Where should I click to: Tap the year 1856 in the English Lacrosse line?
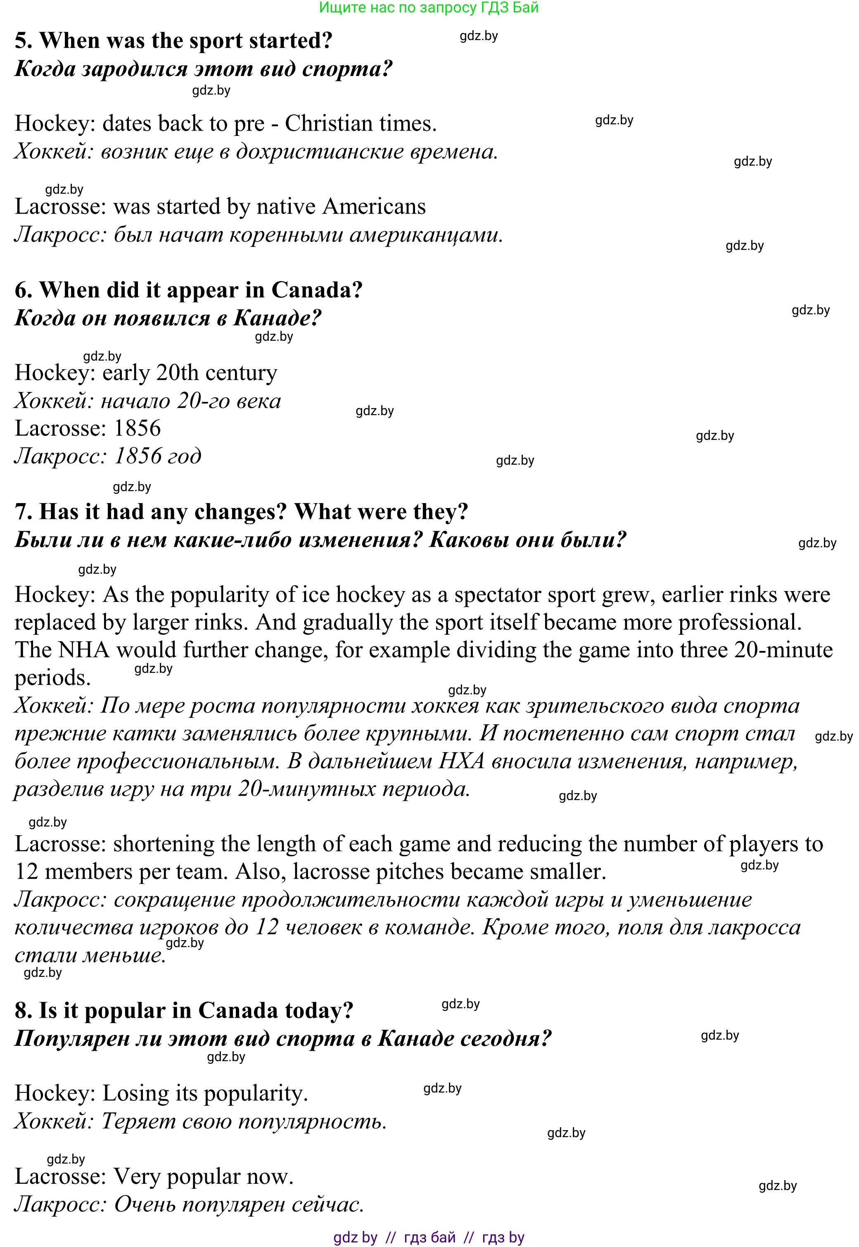pyautogui.click(x=137, y=428)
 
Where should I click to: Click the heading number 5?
pyautogui.click(x=23, y=41)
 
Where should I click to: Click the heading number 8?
pyautogui.click(x=23, y=1011)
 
